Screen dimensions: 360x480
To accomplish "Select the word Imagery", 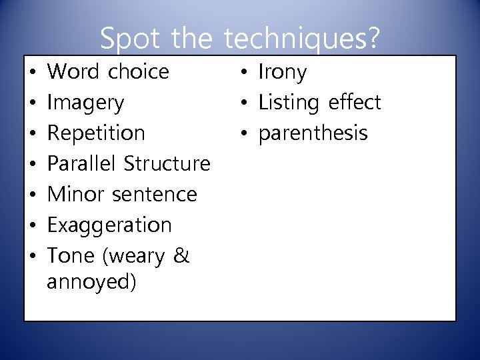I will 86,103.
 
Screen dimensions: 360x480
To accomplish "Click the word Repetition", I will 96,133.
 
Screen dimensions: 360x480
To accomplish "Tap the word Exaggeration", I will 109,225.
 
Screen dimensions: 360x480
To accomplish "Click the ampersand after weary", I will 181,255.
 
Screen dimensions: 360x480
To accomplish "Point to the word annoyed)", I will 92,282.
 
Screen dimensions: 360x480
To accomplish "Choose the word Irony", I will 282,72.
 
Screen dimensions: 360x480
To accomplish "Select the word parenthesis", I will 313,133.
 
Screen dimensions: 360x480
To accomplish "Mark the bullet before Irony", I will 244,72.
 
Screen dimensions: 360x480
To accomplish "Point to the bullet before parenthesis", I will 244,133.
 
